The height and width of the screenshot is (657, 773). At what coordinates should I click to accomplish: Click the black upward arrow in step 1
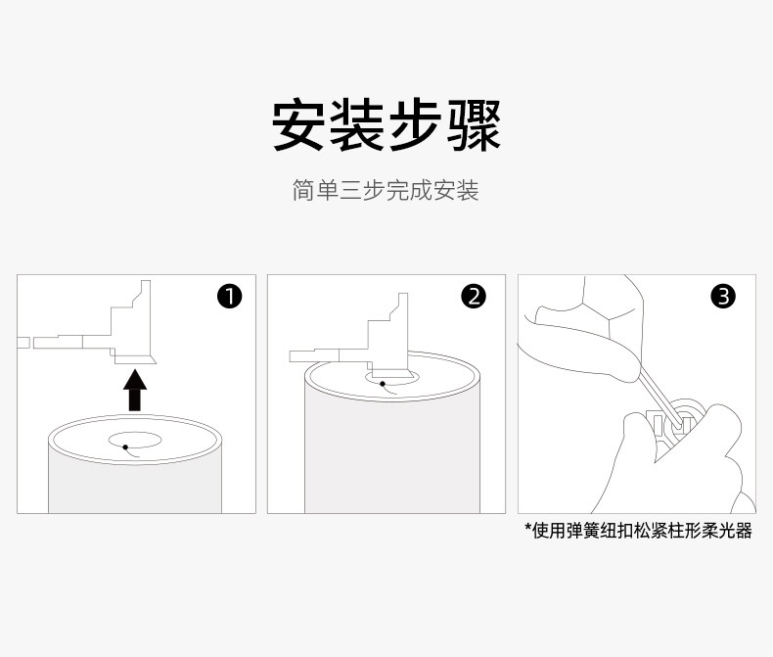135,391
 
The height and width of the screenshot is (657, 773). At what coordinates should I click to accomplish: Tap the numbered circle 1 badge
230,297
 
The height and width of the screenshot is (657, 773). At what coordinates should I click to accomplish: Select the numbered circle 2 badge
474,297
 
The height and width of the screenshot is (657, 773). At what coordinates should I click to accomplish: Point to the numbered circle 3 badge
723,297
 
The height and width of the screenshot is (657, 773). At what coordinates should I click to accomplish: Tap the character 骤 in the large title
475,124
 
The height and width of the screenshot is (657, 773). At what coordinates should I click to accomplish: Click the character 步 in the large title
415,124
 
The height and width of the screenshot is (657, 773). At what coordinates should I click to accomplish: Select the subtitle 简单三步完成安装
386,190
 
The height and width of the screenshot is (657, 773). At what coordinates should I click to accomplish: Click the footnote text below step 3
638,531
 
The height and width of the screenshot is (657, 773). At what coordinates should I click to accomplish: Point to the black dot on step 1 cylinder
125,447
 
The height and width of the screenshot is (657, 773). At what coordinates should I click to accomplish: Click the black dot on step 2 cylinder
383,384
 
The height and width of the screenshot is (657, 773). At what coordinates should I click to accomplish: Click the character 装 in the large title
356,124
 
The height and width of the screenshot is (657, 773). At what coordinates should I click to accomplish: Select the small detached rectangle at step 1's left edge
23,343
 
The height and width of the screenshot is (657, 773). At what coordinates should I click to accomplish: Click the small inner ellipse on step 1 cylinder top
135,440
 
